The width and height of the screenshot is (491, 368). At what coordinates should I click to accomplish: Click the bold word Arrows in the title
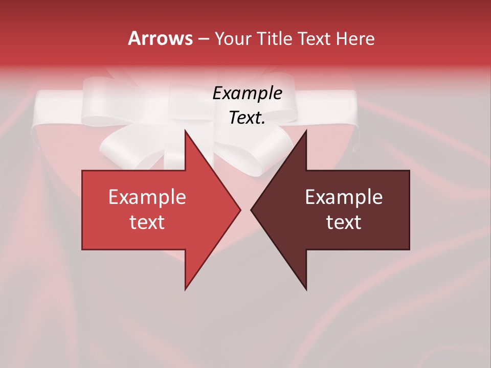[160, 38]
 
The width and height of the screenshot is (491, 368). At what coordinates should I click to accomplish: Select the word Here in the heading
[355, 38]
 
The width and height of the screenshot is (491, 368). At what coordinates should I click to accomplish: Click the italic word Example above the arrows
[248, 94]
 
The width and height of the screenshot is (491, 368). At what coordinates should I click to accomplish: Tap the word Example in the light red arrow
[147, 197]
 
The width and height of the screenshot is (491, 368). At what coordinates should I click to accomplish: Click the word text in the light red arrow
[147, 222]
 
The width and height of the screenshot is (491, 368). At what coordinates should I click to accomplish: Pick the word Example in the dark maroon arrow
[344, 197]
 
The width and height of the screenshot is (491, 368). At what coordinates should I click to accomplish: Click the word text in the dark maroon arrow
[344, 222]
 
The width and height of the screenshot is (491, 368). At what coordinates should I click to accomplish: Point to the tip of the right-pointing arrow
[239, 210]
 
